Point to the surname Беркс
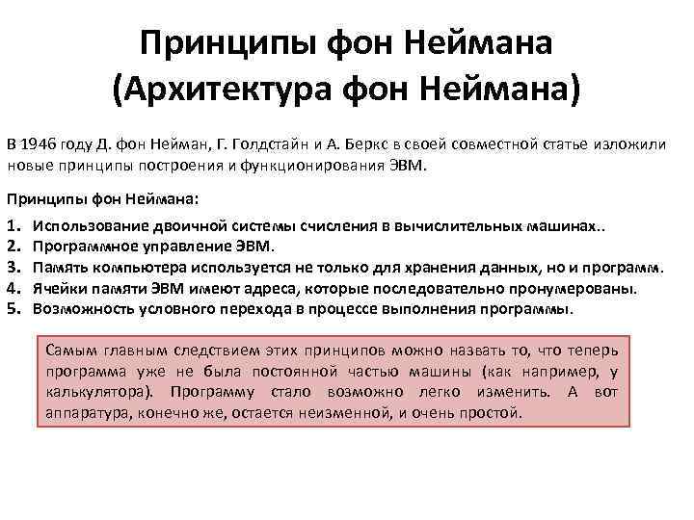360,145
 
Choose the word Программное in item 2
77,245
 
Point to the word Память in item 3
57,266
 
